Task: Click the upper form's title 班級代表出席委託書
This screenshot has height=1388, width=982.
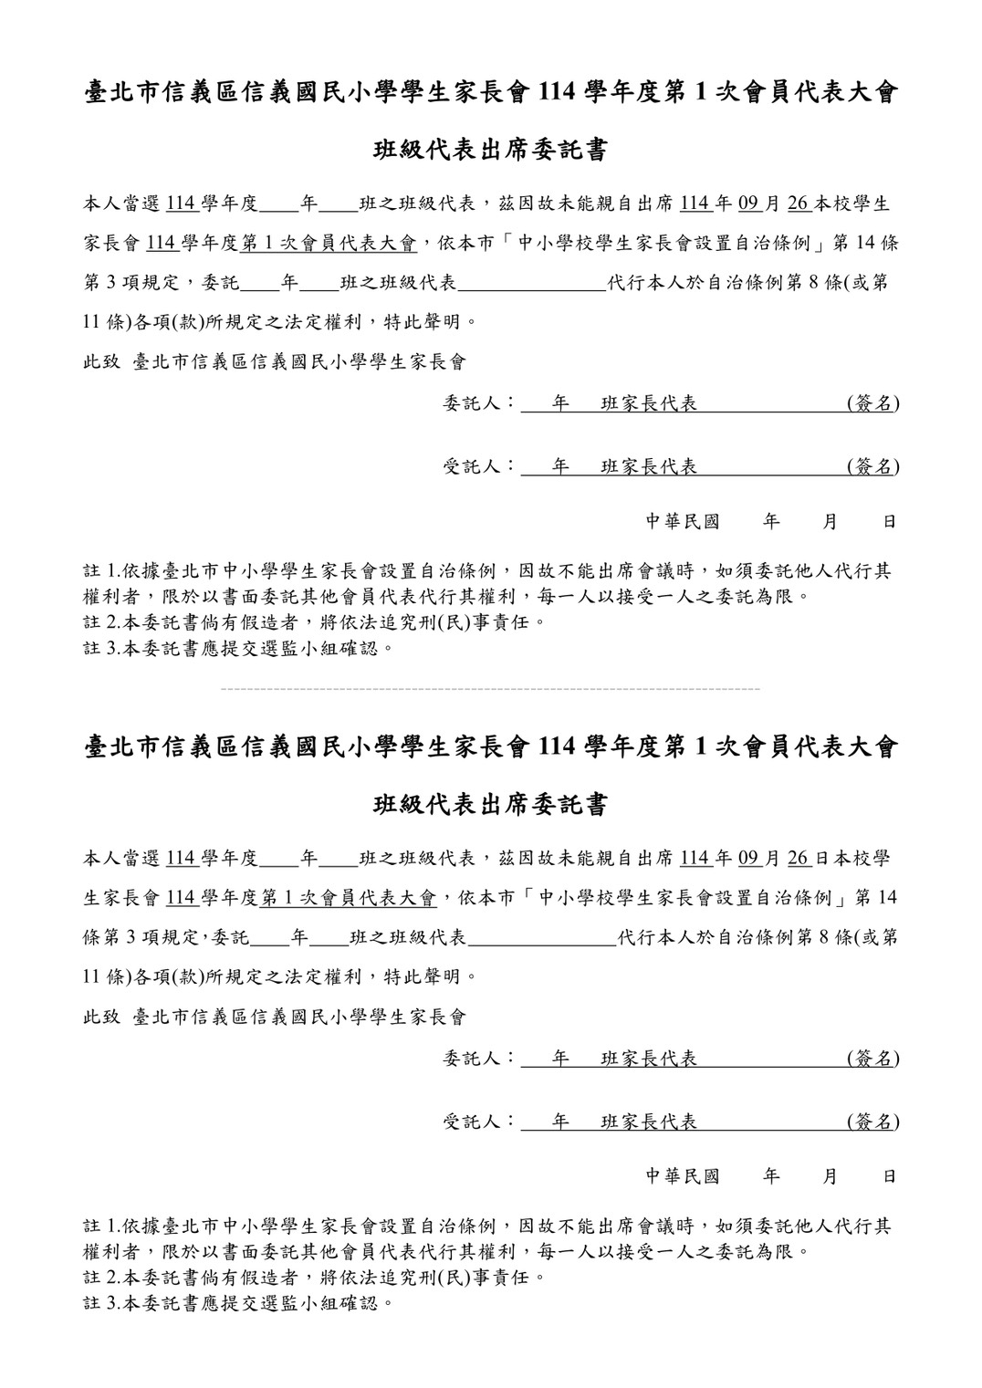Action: point(491,151)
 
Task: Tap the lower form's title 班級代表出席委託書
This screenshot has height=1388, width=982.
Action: point(491,805)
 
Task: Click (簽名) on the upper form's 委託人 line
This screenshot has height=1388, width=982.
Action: point(872,403)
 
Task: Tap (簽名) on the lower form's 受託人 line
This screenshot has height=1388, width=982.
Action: point(872,1122)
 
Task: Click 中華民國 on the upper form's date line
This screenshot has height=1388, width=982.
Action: point(683,522)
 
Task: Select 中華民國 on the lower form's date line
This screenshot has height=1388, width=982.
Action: point(683,1176)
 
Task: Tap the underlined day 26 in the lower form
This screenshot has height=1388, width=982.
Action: point(799,859)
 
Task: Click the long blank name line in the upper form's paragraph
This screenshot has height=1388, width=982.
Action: point(533,284)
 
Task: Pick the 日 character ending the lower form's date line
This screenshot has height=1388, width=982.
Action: point(889,1176)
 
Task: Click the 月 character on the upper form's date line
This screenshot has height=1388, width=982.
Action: point(830,522)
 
